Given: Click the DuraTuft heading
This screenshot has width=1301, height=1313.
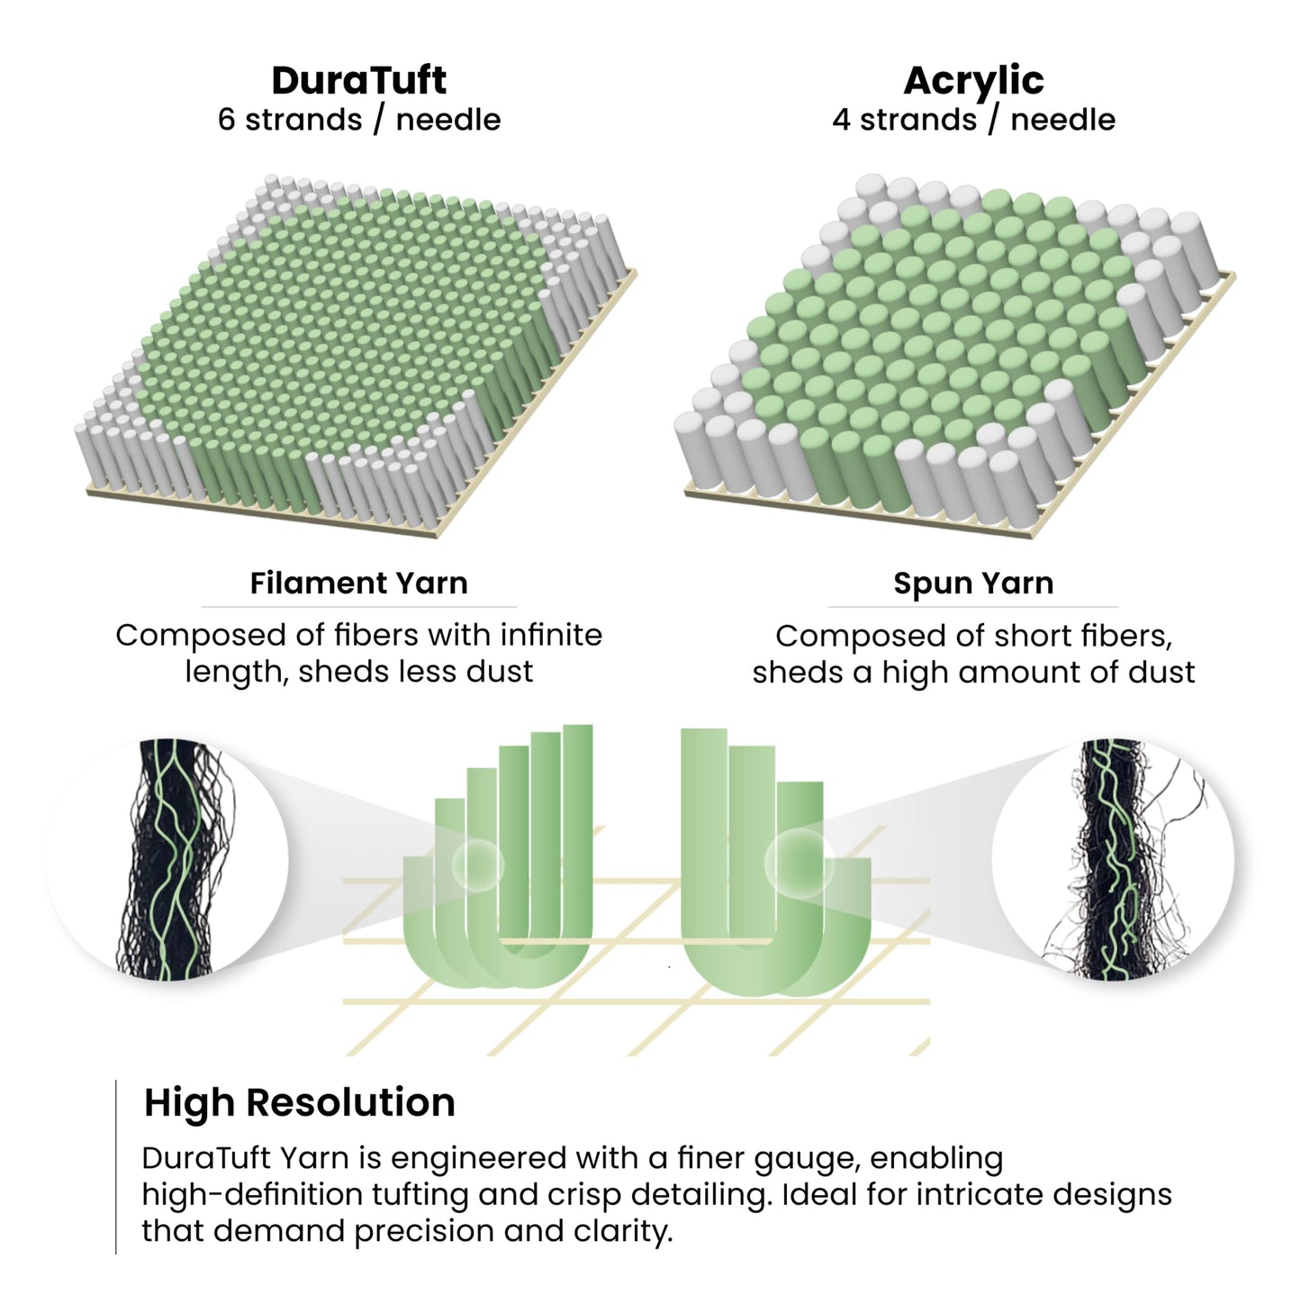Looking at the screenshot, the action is pyautogui.click(x=358, y=80).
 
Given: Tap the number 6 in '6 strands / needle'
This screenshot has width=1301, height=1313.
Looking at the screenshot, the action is pyautogui.click(x=226, y=120).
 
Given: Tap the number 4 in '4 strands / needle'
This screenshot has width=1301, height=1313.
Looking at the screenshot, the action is pyautogui.click(x=841, y=120).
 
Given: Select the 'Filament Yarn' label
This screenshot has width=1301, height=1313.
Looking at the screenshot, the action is pyautogui.click(x=359, y=583).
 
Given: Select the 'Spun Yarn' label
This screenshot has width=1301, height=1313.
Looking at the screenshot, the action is pyautogui.click(x=973, y=584).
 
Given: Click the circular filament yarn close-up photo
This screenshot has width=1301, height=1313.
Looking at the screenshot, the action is pyautogui.click(x=167, y=860).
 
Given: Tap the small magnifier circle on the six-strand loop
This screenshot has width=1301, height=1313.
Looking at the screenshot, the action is pyautogui.click(x=478, y=865).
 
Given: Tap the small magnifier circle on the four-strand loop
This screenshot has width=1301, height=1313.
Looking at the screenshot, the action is pyautogui.click(x=800, y=864).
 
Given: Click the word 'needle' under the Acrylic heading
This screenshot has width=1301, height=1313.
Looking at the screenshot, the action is pyautogui.click(x=1063, y=120).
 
